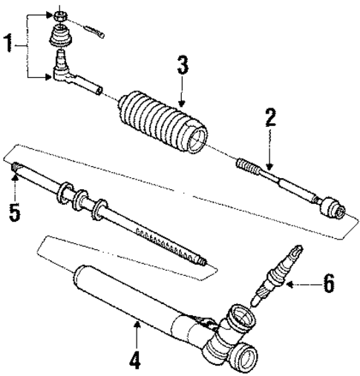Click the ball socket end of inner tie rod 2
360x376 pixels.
(x=330, y=207)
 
